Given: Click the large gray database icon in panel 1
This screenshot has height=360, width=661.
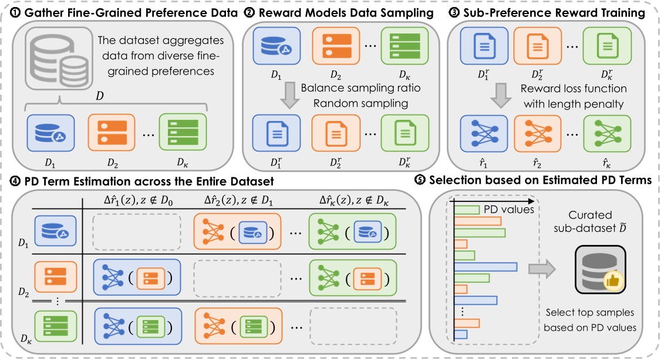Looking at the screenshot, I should tap(51, 63).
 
